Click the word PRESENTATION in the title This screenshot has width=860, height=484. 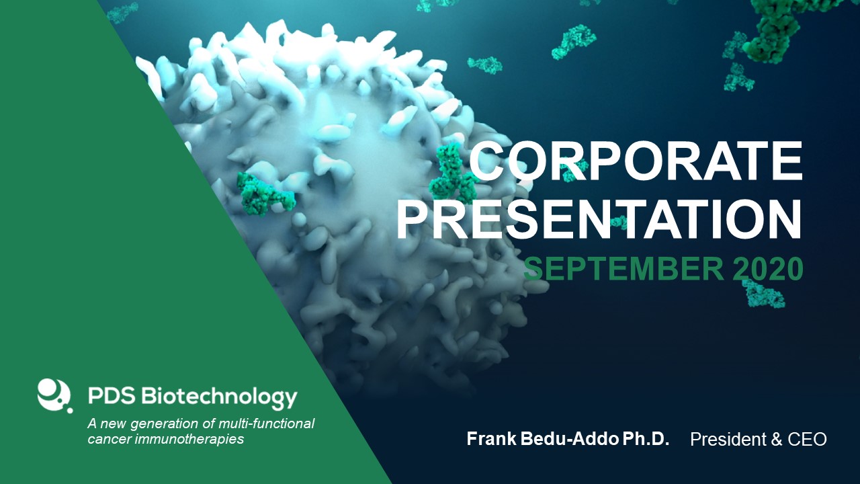(x=599, y=219)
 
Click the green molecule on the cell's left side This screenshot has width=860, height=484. (x=265, y=194)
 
